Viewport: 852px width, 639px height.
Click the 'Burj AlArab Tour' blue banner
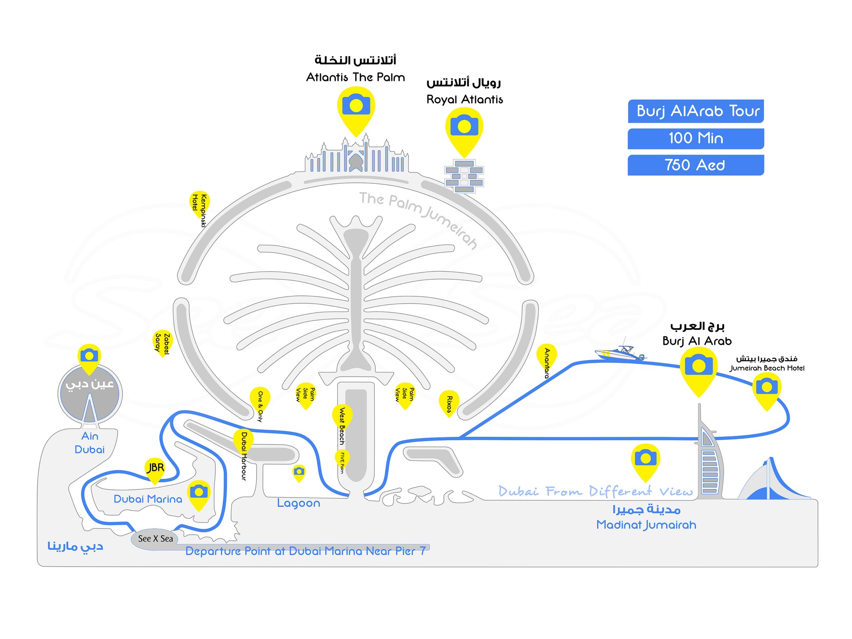(695, 111)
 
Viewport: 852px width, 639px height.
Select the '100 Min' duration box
(695, 138)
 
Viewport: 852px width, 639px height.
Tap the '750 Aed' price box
(695, 165)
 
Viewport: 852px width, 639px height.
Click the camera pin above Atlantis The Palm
(356, 107)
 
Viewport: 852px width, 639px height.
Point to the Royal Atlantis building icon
(464, 176)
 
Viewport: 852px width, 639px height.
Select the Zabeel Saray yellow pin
(162, 342)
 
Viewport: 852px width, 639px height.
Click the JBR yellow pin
(155, 469)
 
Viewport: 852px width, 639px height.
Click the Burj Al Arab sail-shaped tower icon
(708, 460)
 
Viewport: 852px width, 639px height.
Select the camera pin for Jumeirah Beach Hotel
(767, 389)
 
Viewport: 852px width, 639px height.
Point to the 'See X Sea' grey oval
(155, 539)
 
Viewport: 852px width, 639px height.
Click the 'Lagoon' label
(299, 503)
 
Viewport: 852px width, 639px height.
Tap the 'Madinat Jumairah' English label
(646, 525)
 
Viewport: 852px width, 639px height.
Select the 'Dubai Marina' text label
(148, 499)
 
